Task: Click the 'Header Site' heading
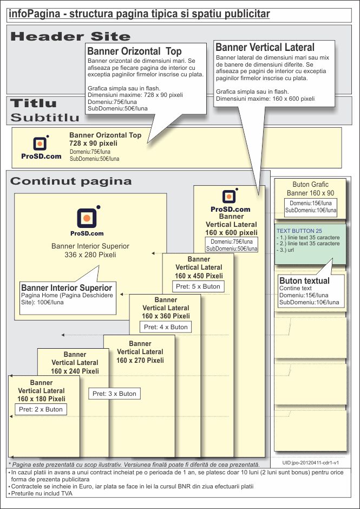70,37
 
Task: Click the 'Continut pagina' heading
71,181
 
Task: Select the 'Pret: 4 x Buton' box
166,327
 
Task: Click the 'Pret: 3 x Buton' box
114,394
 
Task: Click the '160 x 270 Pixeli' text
140,360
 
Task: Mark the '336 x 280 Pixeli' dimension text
90,255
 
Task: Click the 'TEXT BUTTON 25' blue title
299,231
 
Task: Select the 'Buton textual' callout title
304,281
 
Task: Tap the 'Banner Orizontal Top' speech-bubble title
134,51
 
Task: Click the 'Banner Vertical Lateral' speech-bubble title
265,48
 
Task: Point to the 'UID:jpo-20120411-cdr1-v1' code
311,464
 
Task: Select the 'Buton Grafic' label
310,185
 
